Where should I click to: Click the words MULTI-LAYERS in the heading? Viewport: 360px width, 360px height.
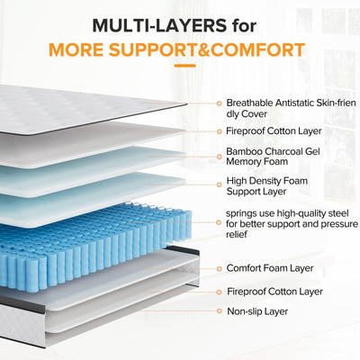(x=153, y=20)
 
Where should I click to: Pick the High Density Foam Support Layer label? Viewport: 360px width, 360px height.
(x=268, y=186)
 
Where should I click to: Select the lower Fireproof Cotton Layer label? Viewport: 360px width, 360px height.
(x=274, y=292)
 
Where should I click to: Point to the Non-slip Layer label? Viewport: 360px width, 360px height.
(x=258, y=310)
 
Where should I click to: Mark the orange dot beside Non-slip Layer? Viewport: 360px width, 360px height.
(x=218, y=310)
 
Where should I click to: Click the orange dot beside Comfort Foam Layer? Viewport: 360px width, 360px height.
(x=218, y=268)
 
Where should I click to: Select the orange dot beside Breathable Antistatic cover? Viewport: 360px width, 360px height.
(x=218, y=103)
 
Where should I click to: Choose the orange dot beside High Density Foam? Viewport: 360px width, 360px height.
(x=218, y=181)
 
